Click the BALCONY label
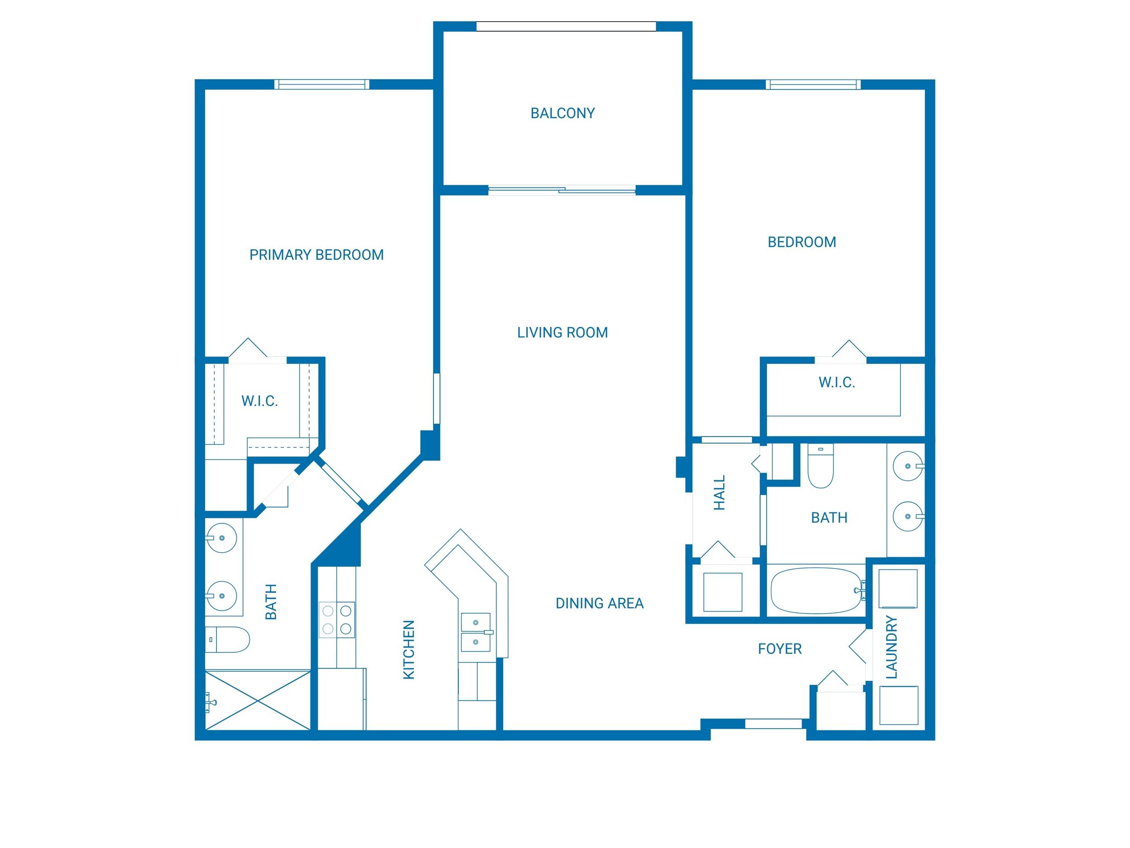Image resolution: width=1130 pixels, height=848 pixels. [x=562, y=114]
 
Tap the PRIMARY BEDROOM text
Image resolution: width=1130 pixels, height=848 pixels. [x=316, y=255]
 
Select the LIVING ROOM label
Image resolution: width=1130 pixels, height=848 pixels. [x=562, y=333]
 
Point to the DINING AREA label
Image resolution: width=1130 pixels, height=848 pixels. [x=599, y=604]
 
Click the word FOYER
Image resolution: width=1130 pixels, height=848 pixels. [x=780, y=649]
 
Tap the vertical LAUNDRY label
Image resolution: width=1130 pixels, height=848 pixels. [x=891, y=647]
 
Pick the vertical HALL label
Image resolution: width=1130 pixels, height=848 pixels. [x=719, y=493]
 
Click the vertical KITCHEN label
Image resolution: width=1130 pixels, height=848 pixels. [x=409, y=649]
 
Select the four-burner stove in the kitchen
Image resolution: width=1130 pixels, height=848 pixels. [x=337, y=620]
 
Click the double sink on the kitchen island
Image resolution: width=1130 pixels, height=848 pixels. [x=476, y=632]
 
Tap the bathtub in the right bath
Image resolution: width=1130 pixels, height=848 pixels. [x=815, y=591]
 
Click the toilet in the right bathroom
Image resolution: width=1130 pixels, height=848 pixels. [x=820, y=466]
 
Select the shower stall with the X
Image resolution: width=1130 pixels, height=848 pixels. [x=258, y=700]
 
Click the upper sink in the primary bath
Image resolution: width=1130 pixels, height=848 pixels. [x=222, y=538]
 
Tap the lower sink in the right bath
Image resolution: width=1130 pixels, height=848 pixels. [x=908, y=516]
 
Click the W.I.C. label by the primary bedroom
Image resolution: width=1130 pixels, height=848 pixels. [x=259, y=401]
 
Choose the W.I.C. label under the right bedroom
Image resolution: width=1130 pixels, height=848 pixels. [x=837, y=382]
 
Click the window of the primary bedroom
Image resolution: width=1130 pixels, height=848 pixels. [x=321, y=84]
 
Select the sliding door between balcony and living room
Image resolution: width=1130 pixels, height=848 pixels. [x=562, y=190]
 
